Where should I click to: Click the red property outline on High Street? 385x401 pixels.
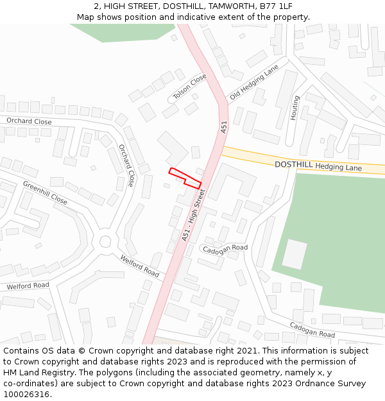tap(185, 178)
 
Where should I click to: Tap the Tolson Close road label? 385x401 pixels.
tap(191, 87)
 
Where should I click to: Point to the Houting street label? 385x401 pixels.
tap(295, 108)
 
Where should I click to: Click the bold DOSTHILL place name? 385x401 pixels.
tap(294, 164)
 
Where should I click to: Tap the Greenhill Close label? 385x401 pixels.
tap(45, 192)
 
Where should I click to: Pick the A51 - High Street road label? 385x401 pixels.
tap(194, 215)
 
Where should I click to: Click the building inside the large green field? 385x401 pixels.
tap(295, 254)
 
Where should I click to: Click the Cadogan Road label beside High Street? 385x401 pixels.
tap(224, 248)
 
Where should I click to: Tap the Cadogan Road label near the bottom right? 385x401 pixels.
tap(312, 330)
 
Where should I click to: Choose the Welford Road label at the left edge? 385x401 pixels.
tap(28, 286)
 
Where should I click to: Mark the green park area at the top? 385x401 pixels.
tap(123, 31)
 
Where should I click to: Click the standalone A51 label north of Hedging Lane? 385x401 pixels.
tap(224, 128)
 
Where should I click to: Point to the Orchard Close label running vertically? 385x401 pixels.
tap(126, 165)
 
